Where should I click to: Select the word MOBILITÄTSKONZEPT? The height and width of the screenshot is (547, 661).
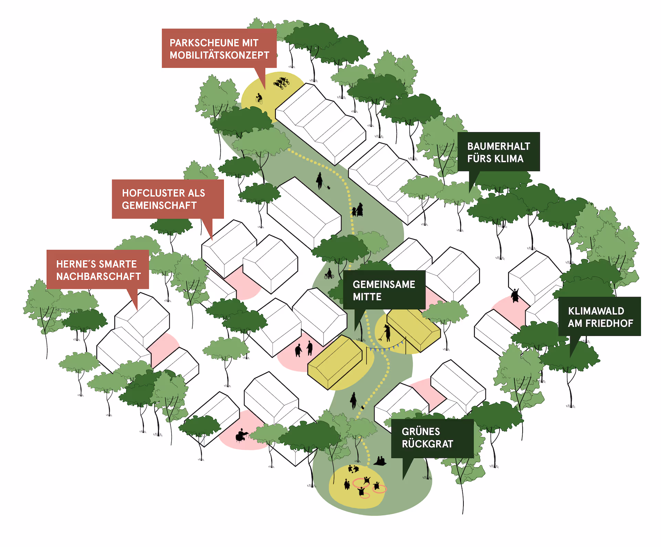pos(219,55)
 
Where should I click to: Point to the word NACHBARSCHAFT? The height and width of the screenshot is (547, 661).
pos(98,276)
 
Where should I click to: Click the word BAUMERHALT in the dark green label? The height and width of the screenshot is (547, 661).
pos(499,146)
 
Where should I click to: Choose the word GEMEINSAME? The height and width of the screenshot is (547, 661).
pos(384,285)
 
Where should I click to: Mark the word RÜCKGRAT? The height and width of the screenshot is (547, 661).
pos(427,444)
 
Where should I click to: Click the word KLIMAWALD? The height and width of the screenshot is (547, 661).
pos(596,311)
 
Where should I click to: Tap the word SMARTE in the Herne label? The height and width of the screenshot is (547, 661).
pos(118,264)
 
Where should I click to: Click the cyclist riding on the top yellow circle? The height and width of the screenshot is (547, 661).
pos(259,98)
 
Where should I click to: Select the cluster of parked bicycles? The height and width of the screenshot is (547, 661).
pos(281,83)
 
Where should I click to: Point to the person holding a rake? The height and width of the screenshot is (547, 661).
pos(387,333)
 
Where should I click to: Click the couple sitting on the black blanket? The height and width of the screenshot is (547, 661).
pos(380,461)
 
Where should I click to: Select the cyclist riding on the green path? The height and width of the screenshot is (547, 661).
pos(329,274)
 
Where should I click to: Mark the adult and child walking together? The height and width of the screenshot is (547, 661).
pos(357,210)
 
